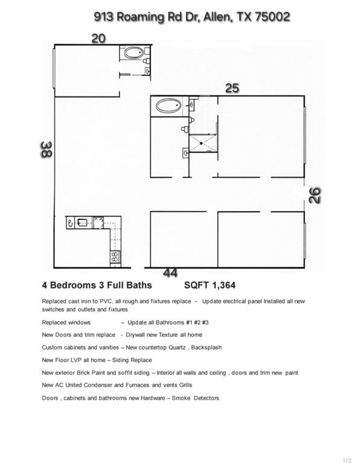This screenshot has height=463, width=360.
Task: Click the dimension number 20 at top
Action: (x=98, y=39)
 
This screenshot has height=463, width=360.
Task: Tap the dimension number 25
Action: (x=232, y=88)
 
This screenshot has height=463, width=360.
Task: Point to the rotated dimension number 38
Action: (x=46, y=149)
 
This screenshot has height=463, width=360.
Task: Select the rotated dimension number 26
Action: (x=315, y=195)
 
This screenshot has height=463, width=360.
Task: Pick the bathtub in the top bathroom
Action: (x=133, y=53)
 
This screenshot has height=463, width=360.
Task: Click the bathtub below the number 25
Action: (x=168, y=107)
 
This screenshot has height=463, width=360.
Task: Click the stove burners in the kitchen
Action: (x=113, y=257)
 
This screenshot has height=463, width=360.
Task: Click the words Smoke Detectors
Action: (x=200, y=398)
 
